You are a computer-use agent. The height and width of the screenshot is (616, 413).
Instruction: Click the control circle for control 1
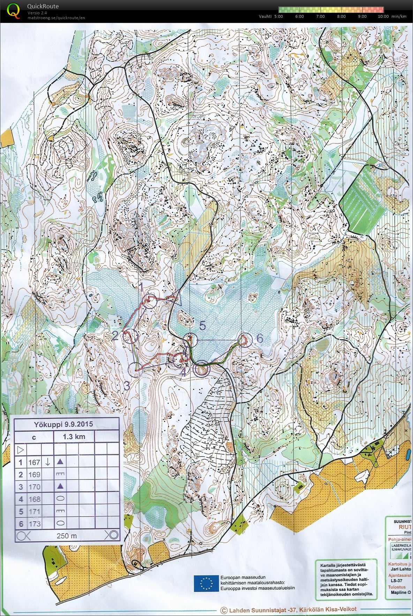pyautogui.click(x=150, y=301)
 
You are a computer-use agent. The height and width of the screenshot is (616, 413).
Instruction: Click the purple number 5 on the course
pyautogui.click(x=203, y=326)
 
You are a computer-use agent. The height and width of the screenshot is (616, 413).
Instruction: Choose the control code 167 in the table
pyautogui.click(x=35, y=462)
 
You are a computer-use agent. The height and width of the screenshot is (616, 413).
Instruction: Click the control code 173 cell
pyautogui.click(x=35, y=524)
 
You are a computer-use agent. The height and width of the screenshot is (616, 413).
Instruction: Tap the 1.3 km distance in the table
pyautogui.click(x=74, y=436)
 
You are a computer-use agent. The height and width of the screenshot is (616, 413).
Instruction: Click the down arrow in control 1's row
pyautogui.click(x=48, y=462)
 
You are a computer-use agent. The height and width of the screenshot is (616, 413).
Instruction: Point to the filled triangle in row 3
pyautogui.click(x=60, y=486)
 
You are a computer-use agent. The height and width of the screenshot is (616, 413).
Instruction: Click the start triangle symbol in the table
pyautogui.click(x=20, y=449)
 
